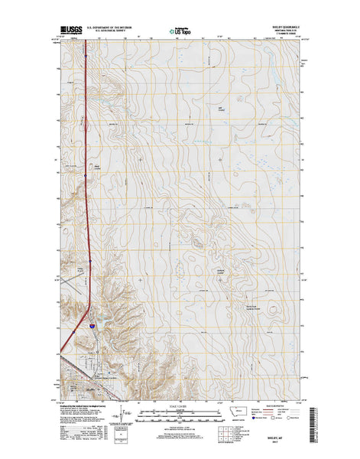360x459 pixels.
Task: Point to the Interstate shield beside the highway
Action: point(91,326)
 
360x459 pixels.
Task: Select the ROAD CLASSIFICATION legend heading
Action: point(284,405)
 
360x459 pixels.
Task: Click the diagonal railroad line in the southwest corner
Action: point(69,382)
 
